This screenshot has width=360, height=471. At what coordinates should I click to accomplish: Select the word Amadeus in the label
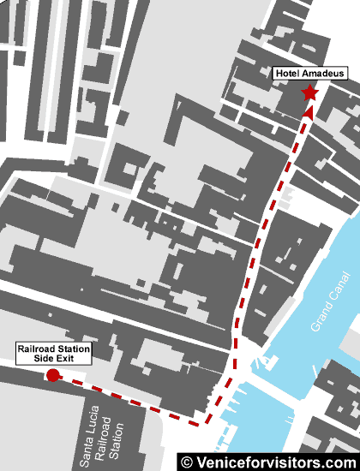[x=324, y=75]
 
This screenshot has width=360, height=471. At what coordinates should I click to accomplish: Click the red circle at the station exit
[x=52, y=375]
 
